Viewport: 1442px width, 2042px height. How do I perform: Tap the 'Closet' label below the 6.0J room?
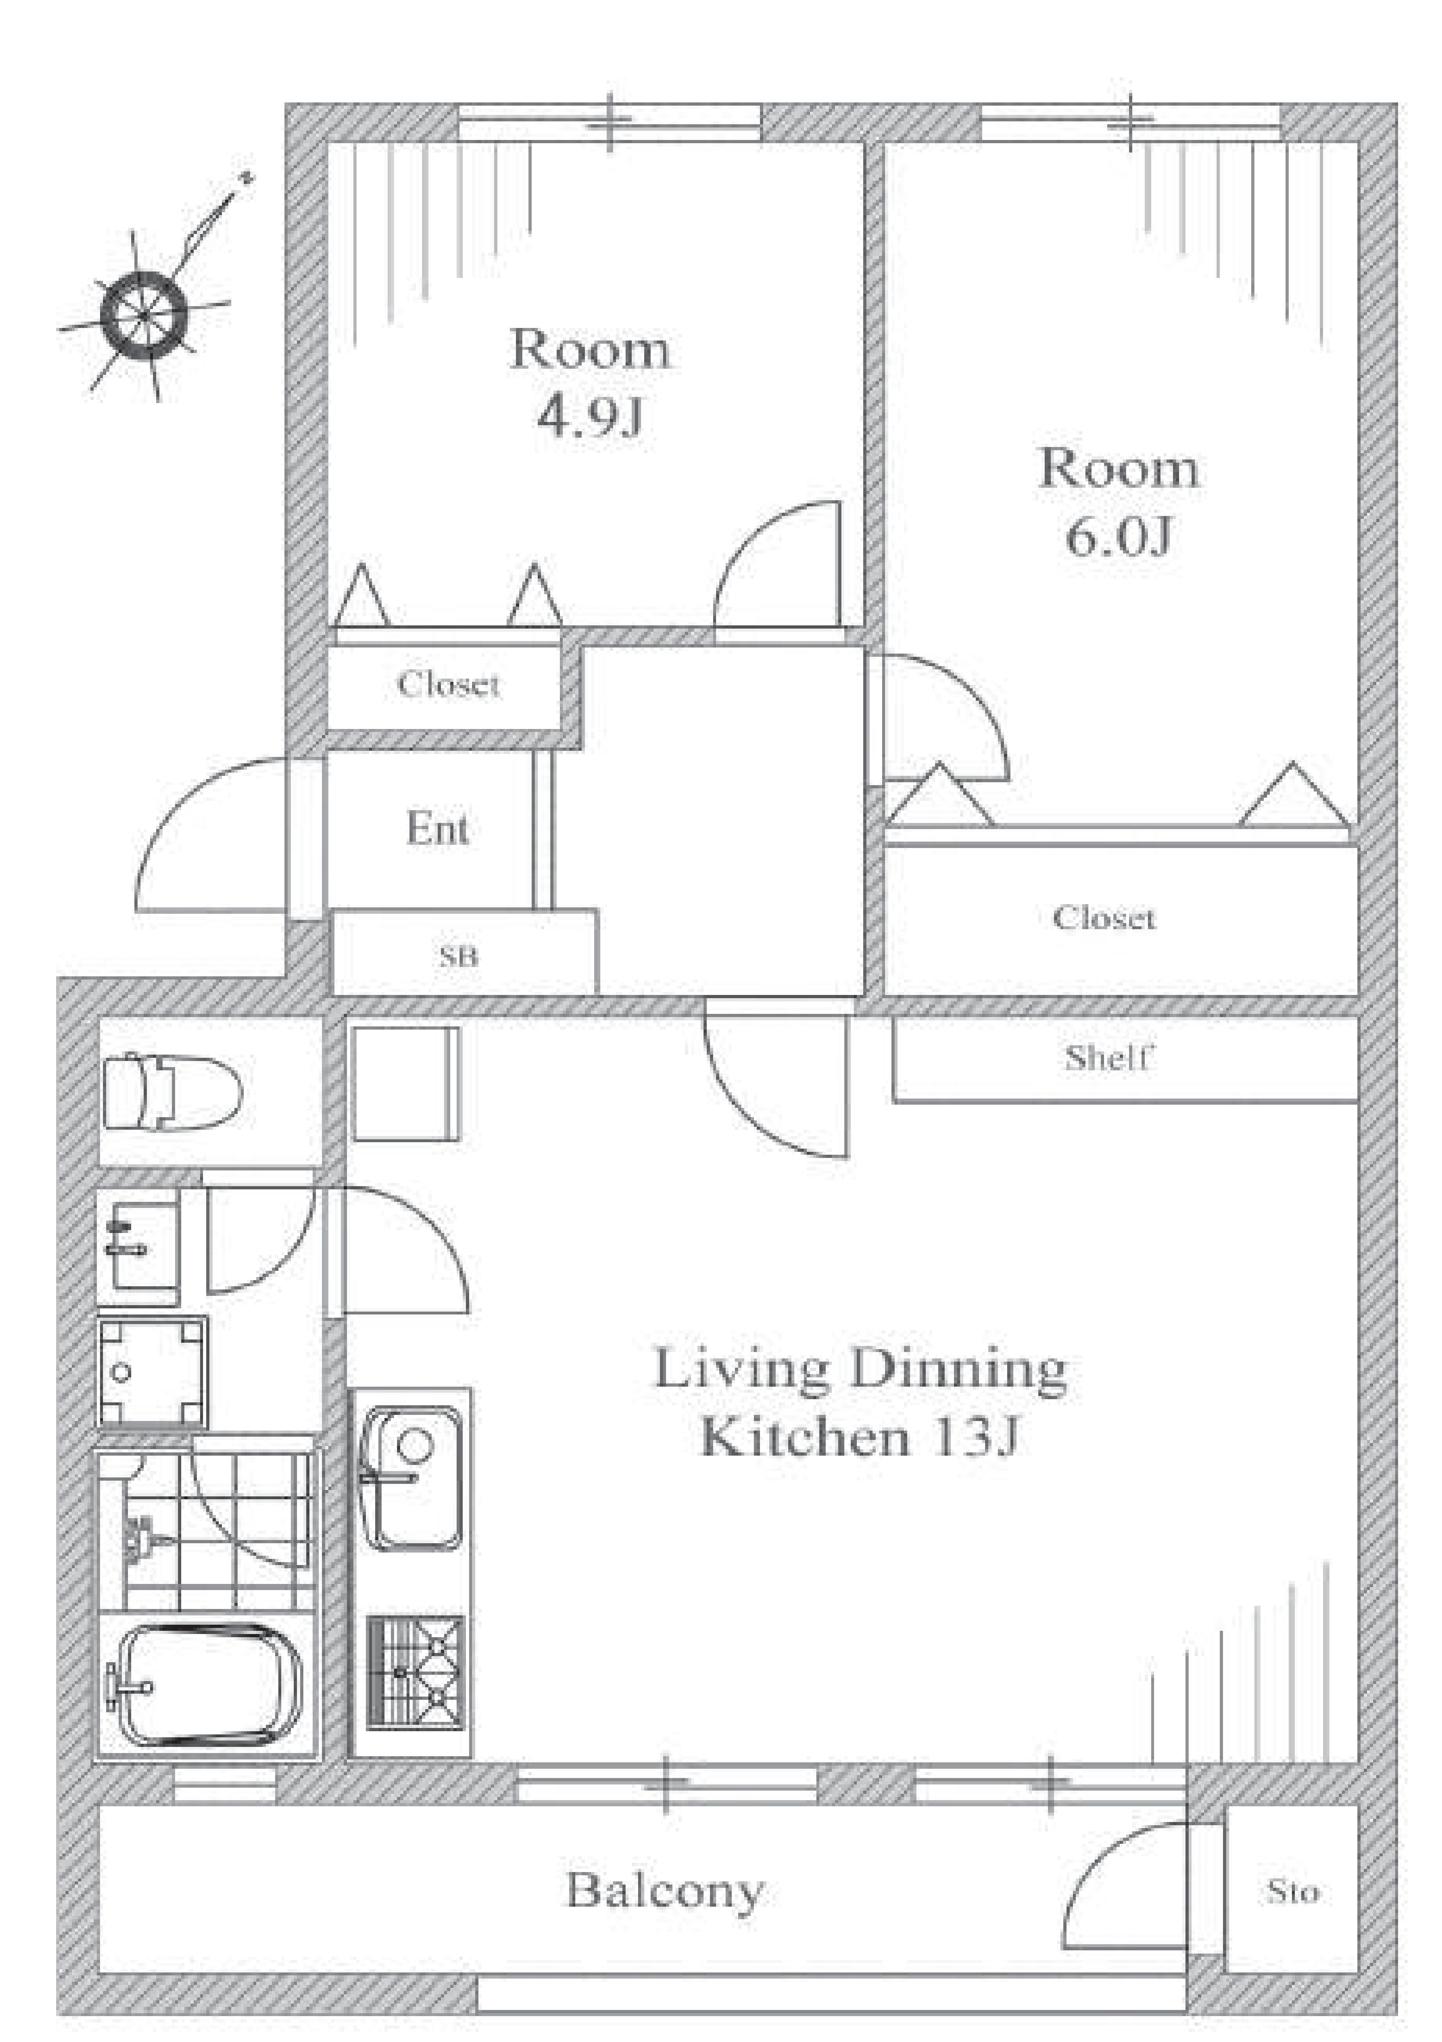point(1104,917)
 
